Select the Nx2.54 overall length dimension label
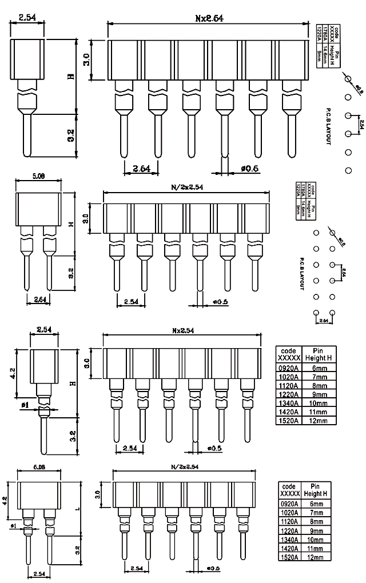pos(182,331)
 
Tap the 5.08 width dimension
pos(38,177)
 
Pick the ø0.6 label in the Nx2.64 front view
pos(250,168)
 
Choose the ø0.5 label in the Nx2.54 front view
pos(214,448)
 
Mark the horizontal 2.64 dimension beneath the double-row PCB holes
pos(325,321)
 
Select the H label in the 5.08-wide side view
pos(71,225)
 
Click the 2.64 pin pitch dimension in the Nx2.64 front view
pos(141,168)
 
